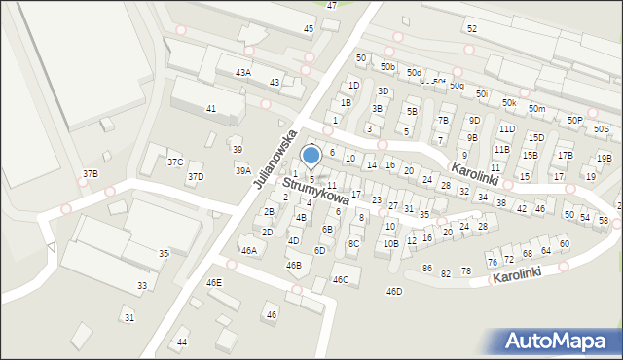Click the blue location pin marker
[311, 156]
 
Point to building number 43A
[243, 72]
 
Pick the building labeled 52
[471, 29]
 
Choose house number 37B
[90, 173]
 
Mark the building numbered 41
[211, 108]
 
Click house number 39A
[242, 170]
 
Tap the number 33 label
[142, 285]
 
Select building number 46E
[214, 282]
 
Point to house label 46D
[394, 291]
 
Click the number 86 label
[426, 268]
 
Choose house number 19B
[605, 158]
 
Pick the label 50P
[575, 120]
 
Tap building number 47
[332, 6]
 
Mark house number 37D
[196, 176]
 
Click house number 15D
[536, 137]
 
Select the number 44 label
[182, 342]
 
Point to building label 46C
[341, 279]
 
